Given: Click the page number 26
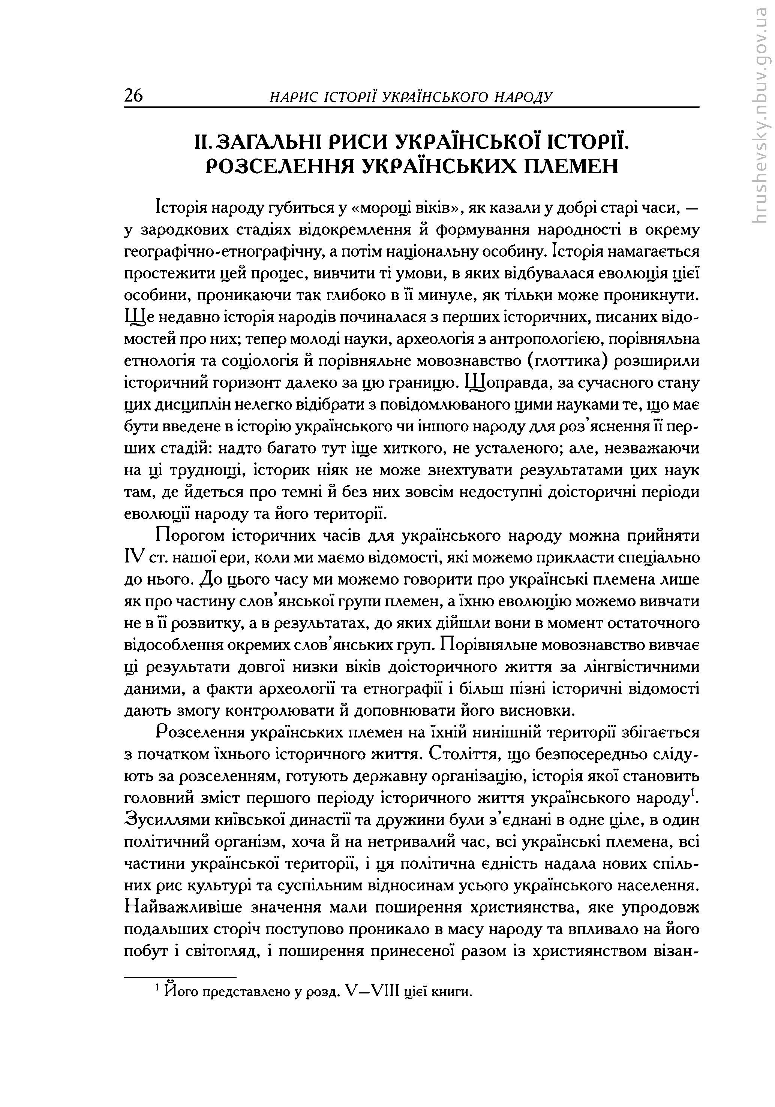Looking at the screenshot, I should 133,96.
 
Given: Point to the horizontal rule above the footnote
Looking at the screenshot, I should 180,977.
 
